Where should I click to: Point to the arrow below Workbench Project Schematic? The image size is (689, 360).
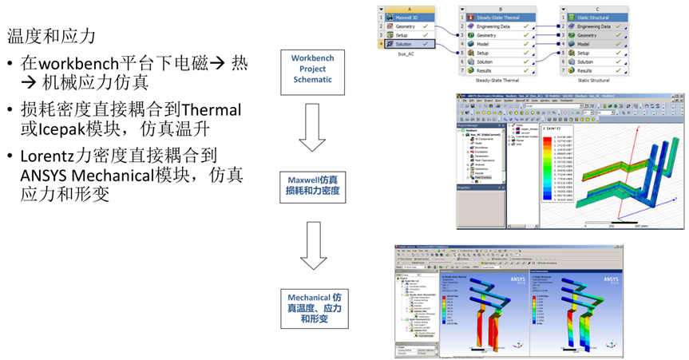[312, 128]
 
